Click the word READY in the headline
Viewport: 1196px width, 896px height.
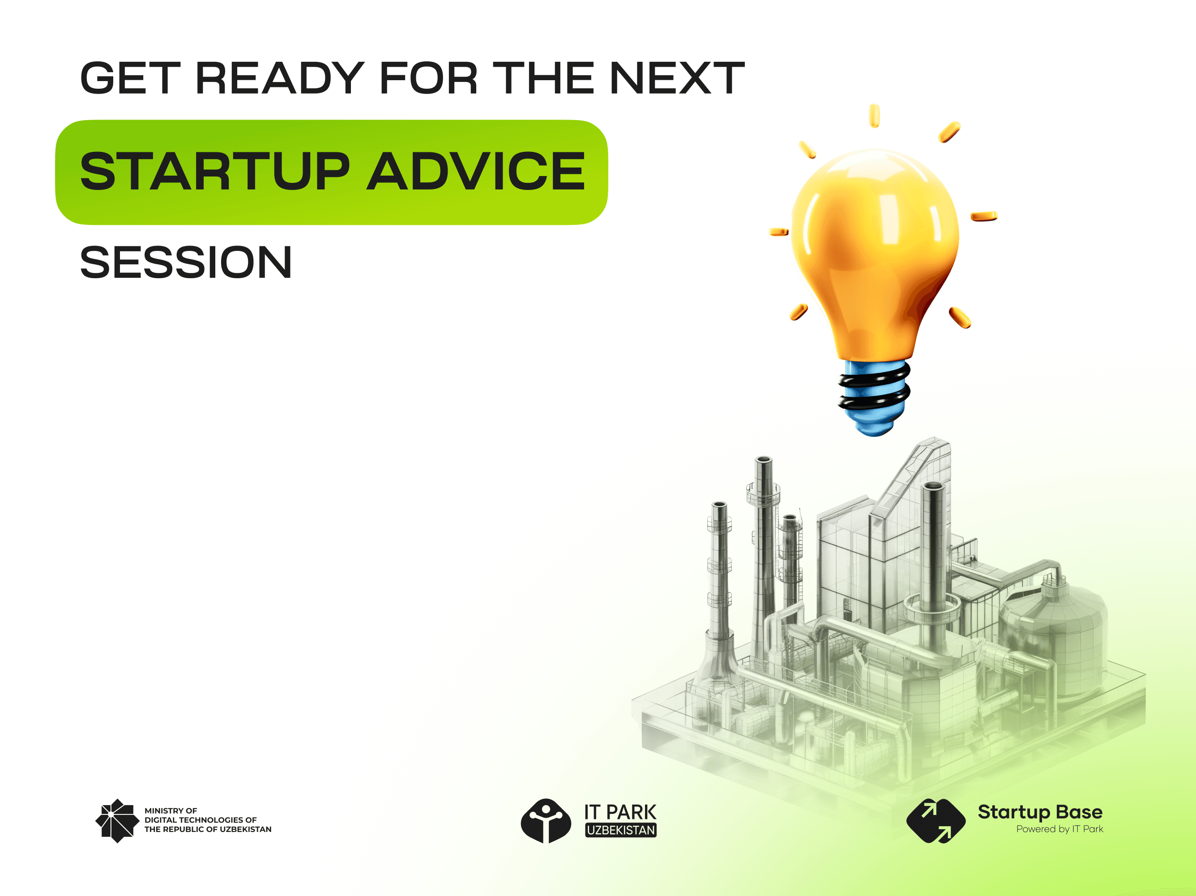(280, 78)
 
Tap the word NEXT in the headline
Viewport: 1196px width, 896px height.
(677, 78)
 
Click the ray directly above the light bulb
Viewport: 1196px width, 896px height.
(874, 116)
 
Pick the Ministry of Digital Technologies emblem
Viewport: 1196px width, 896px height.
(117, 820)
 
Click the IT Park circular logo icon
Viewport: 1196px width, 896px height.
(546, 820)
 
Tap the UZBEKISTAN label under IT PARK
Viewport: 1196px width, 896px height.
(621, 830)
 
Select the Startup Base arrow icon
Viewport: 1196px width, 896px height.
(935, 820)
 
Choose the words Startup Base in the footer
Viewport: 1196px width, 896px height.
(1039, 812)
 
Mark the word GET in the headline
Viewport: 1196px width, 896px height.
(130, 78)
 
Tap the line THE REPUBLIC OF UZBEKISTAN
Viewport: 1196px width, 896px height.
(208, 829)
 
